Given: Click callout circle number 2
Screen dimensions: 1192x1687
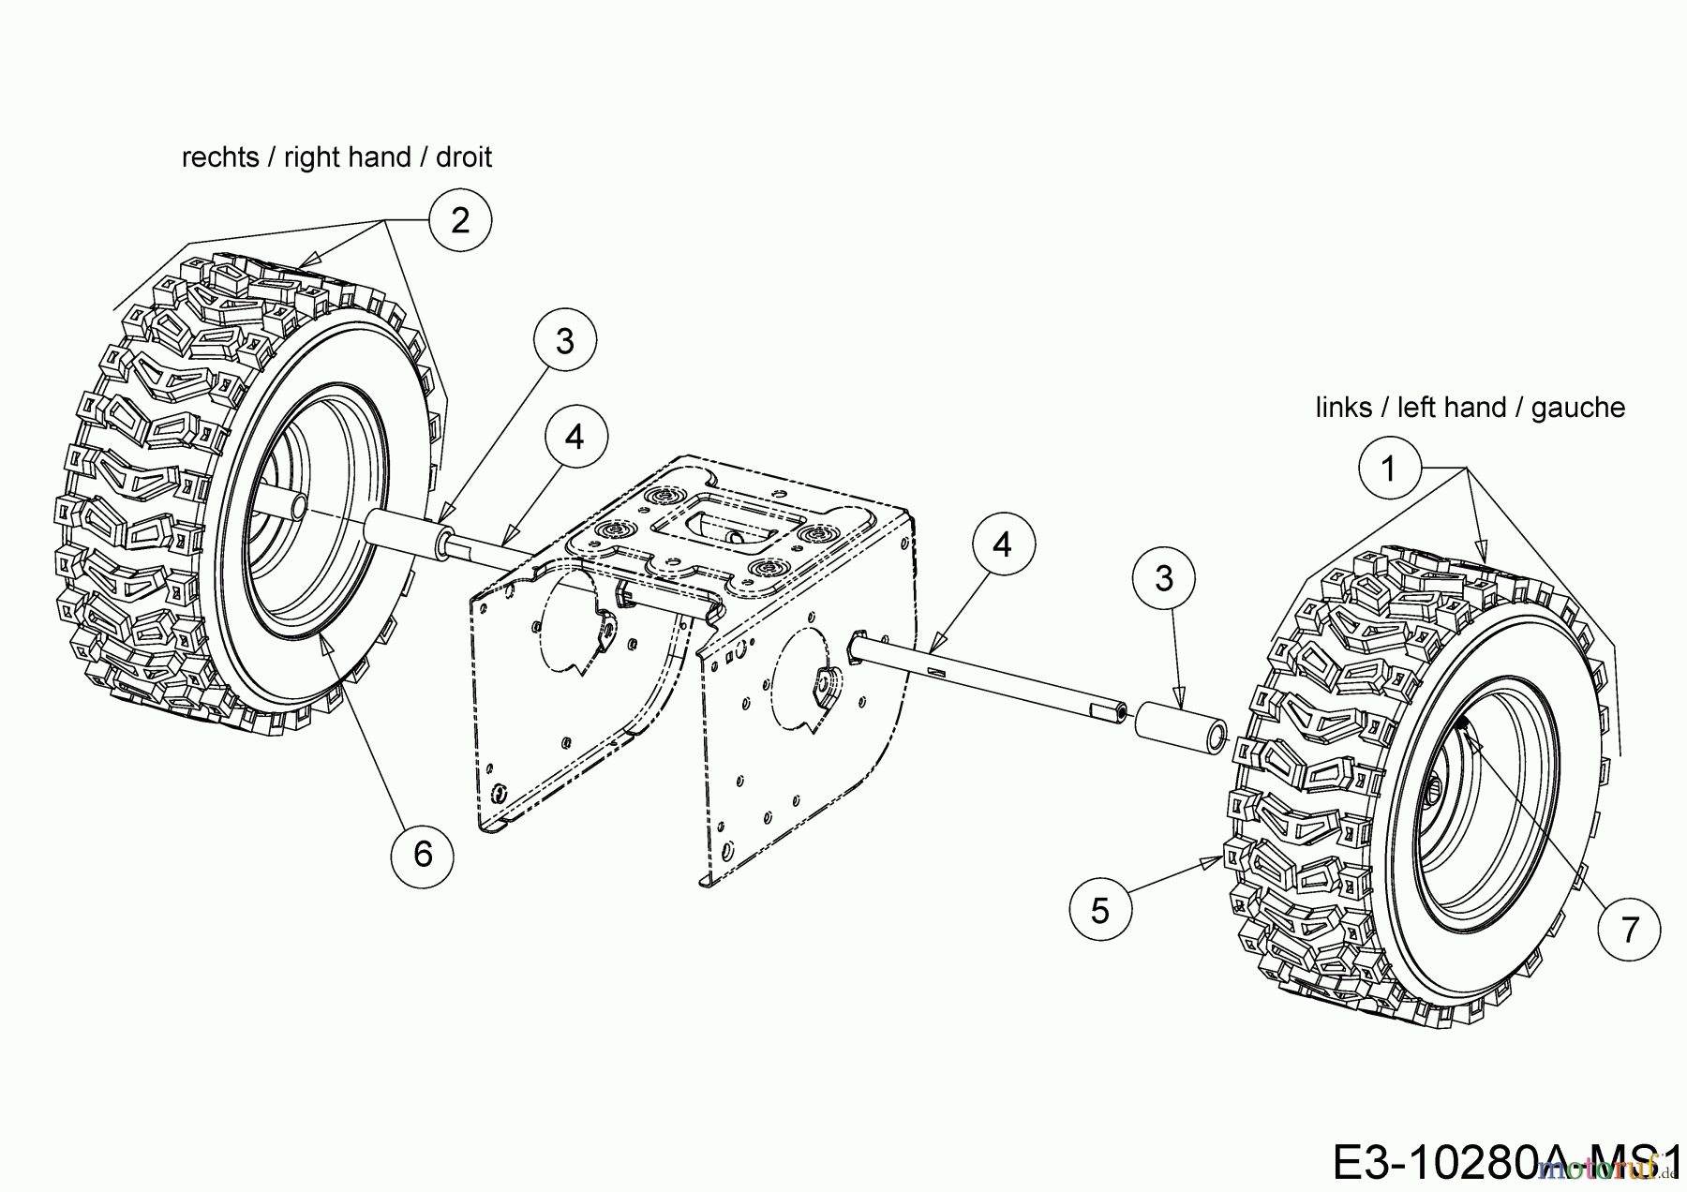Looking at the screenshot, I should click(x=459, y=220).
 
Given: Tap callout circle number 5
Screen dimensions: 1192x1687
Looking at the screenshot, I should click(x=1100, y=910).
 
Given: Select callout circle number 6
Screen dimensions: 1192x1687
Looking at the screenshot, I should click(x=423, y=854).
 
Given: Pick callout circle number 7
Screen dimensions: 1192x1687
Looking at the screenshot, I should click(x=1630, y=930).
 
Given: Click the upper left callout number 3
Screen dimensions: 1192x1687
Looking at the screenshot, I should click(x=564, y=341).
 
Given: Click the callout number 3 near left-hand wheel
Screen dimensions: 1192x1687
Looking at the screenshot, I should click(x=1164, y=578).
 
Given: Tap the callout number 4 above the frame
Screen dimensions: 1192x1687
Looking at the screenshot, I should click(x=575, y=437).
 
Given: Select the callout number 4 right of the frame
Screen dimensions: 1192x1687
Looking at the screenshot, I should click(x=1003, y=544).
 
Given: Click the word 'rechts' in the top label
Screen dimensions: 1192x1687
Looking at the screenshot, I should click(x=220, y=157).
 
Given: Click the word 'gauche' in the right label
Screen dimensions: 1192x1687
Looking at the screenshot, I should click(x=1578, y=408).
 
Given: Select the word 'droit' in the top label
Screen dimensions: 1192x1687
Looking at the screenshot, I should click(x=463, y=157).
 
